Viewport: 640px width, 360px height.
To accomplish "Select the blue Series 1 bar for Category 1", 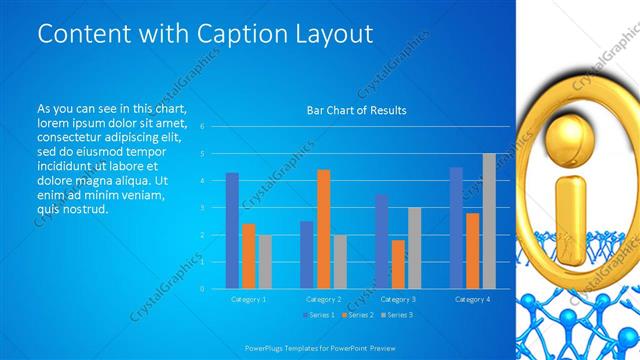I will click(232, 231).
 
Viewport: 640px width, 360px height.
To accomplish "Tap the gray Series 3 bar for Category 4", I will click(489, 221).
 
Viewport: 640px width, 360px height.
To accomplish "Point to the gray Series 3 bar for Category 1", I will click(264, 262).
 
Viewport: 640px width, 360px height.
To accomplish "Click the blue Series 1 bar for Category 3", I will click(382, 241).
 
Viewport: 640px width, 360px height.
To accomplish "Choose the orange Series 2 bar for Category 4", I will click(473, 251).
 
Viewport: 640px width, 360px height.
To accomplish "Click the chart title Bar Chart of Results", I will click(356, 111).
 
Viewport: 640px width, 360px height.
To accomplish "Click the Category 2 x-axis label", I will click(323, 299).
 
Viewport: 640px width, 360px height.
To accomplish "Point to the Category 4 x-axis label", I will click(472, 299).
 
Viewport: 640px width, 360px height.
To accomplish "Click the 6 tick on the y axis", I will click(202, 127).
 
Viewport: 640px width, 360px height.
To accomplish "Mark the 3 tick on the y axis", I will click(202, 208).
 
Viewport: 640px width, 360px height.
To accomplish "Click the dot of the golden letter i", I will click(574, 139).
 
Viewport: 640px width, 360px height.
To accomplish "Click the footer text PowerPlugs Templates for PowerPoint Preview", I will click(320, 348).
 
